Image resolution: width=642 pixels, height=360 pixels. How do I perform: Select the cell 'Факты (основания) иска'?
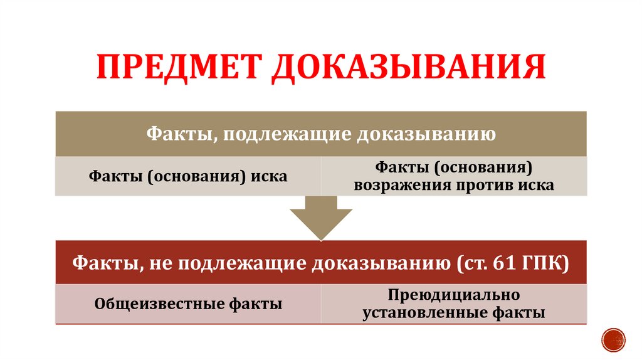[187, 176]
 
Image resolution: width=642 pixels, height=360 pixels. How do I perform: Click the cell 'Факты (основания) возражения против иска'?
[454, 176]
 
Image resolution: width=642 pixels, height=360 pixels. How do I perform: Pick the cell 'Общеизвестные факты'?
[187, 304]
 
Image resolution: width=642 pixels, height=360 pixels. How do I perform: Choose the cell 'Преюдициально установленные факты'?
[454, 304]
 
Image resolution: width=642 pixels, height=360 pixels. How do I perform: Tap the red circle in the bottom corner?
[614, 339]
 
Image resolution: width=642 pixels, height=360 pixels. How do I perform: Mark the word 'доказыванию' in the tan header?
[426, 134]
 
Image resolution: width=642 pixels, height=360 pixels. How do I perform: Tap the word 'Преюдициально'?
[454, 295]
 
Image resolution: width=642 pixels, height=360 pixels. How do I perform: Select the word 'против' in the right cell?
[481, 186]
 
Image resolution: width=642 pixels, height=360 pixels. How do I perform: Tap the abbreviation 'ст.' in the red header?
[473, 263]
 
